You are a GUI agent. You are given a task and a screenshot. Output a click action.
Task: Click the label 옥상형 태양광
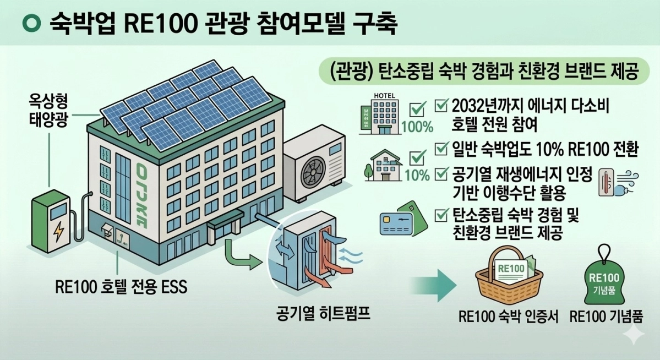point(49,111)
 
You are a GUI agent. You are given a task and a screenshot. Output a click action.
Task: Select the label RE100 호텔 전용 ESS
point(122,287)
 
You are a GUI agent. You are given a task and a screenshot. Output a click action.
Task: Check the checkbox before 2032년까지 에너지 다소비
point(441,104)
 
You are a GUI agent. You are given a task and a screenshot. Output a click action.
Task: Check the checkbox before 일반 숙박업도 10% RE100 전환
point(441,149)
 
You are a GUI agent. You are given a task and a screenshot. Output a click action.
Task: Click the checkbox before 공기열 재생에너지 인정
point(441,174)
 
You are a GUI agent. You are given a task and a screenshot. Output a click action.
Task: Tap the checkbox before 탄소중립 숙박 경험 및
point(441,215)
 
